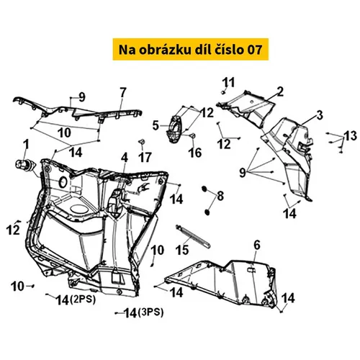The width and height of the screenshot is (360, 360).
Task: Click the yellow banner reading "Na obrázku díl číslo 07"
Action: (x=191, y=49)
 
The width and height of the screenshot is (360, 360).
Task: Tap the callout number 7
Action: (x=122, y=93)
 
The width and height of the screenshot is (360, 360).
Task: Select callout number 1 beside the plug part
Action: (x=26, y=145)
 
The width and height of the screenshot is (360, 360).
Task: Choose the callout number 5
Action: (x=156, y=125)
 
